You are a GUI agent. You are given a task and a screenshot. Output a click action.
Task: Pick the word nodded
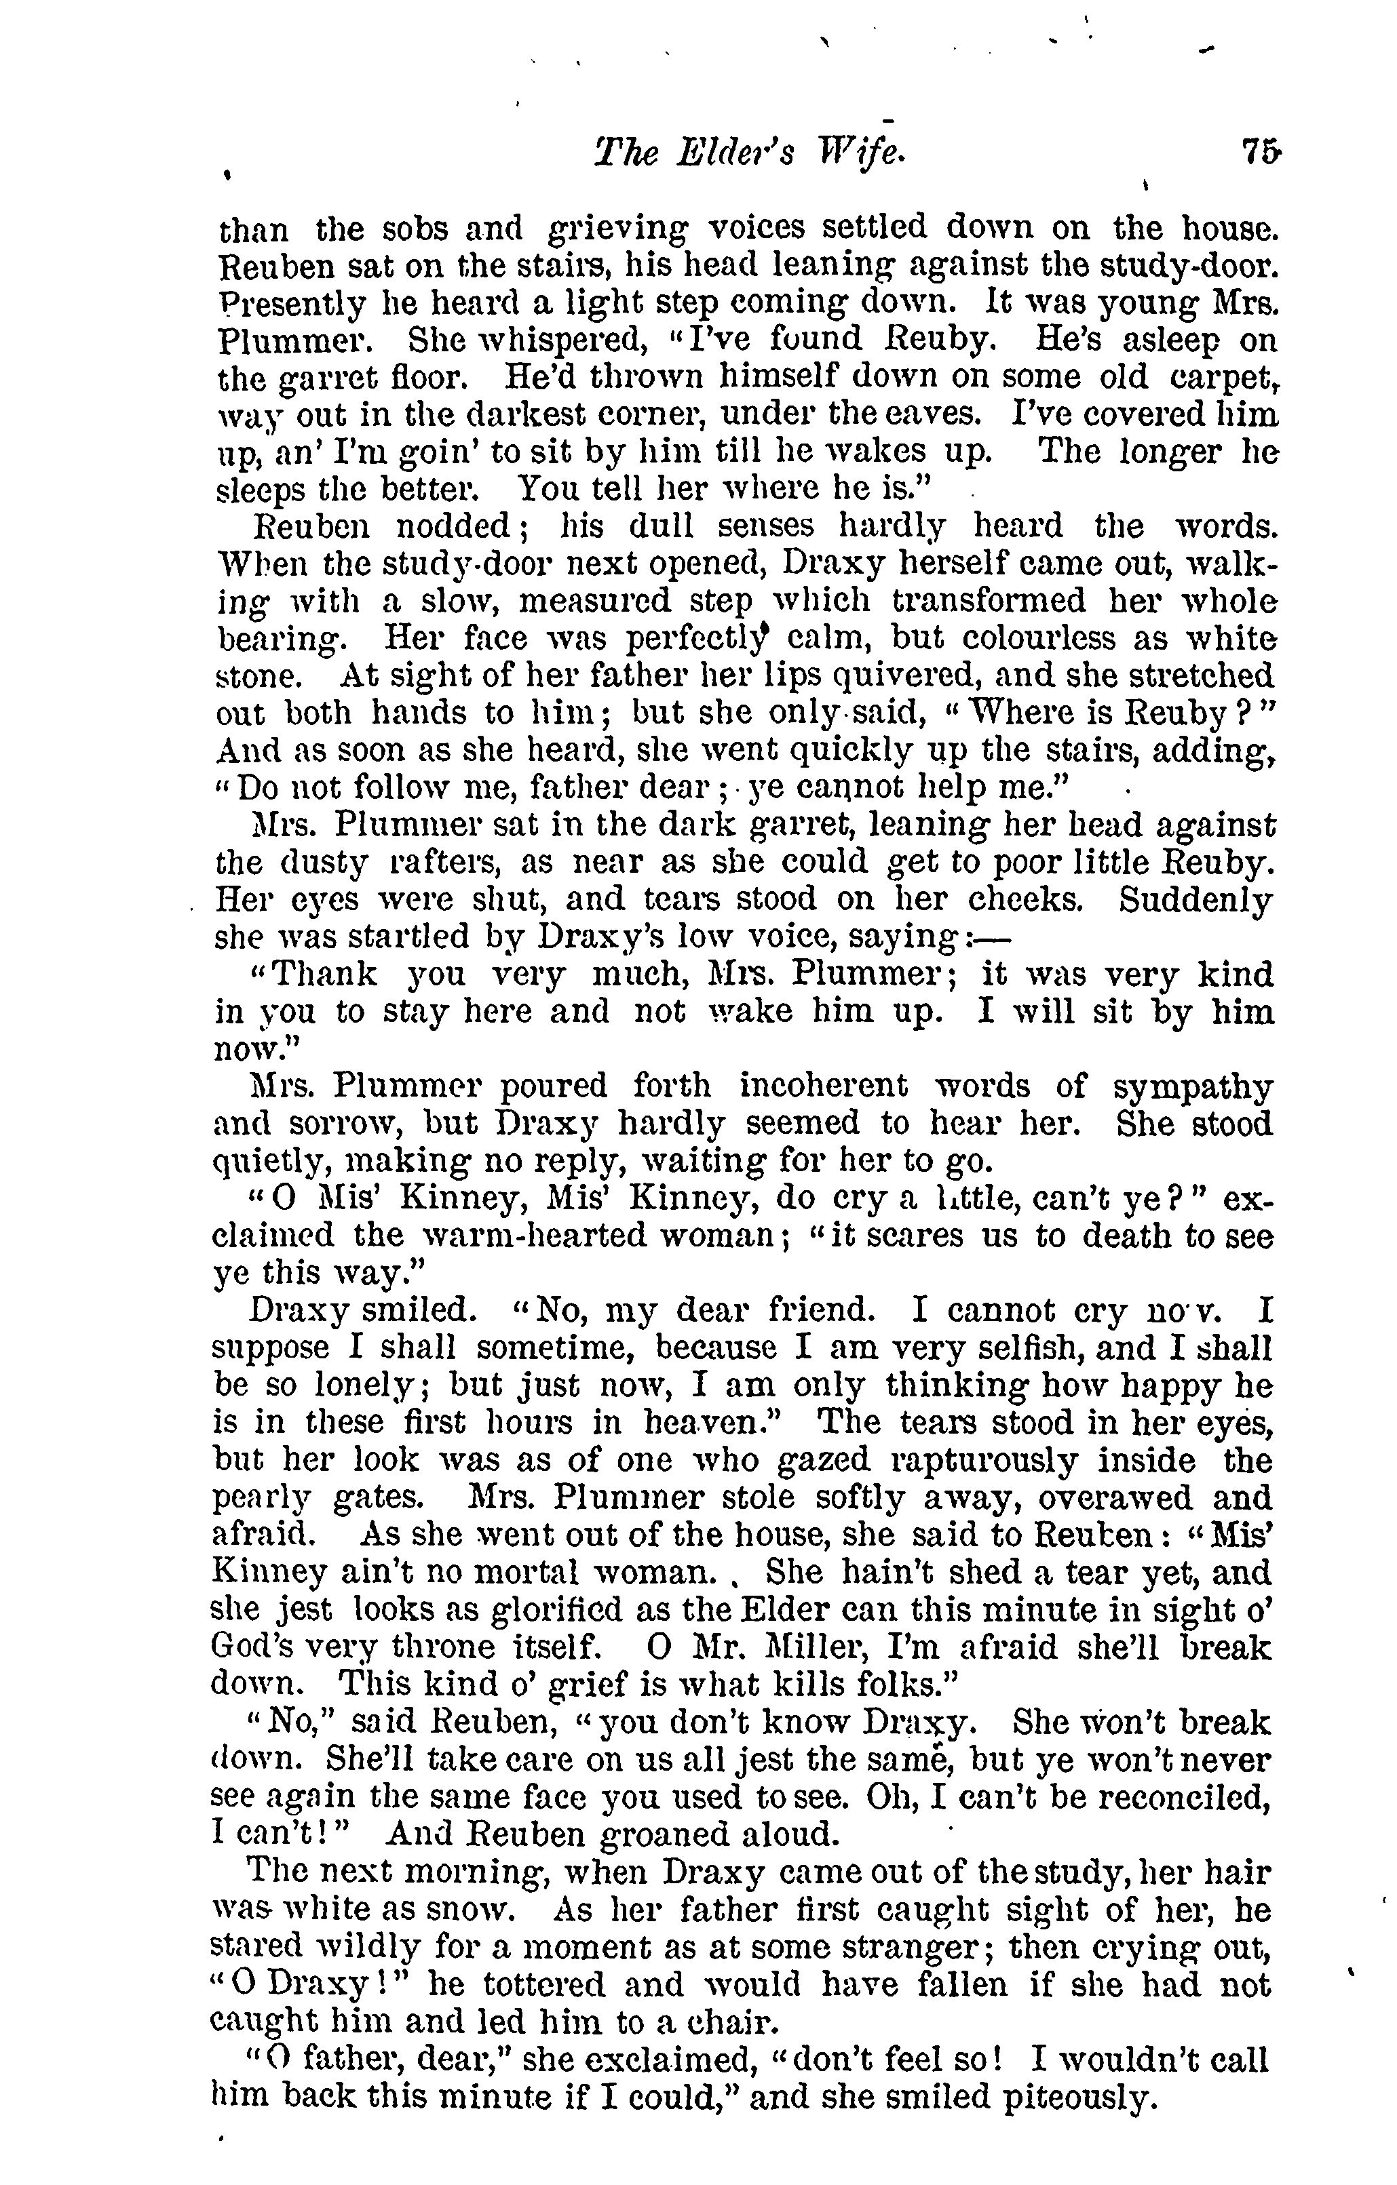pos(448,526)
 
